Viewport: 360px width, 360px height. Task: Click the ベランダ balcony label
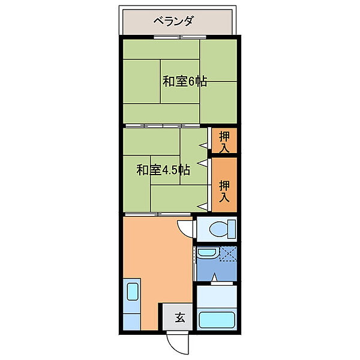(x=173, y=22)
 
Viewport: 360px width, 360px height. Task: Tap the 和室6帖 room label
(x=184, y=82)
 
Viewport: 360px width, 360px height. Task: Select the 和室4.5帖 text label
(x=163, y=170)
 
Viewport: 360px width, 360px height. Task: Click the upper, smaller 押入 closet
(x=224, y=140)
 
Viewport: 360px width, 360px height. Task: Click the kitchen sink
(x=133, y=295)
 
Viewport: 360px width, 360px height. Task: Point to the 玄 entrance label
(x=179, y=317)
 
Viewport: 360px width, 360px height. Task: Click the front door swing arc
(x=175, y=343)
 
